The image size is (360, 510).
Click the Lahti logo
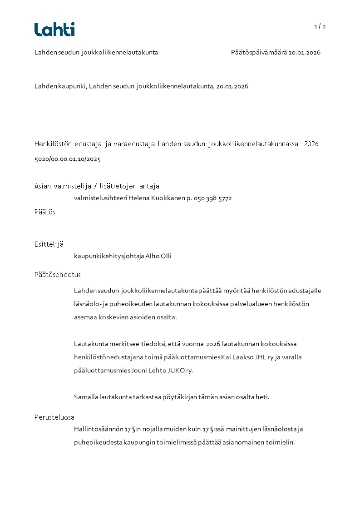[54, 30]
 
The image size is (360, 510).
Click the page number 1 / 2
[320, 26]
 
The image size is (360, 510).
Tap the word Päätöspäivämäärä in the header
[259, 53]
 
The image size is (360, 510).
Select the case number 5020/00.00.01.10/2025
[67, 159]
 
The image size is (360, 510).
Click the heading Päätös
[45, 212]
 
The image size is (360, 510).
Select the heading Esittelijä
[49, 244]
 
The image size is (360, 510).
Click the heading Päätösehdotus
[58, 275]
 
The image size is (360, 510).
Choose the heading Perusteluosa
[54, 417]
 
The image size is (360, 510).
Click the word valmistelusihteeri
[100, 198]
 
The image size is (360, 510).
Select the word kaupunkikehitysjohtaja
[108, 256]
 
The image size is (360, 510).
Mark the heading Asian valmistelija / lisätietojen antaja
[97, 186]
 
